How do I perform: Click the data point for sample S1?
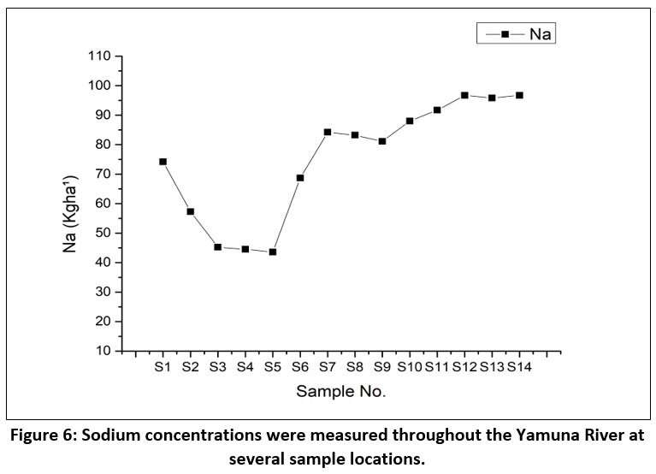(x=163, y=161)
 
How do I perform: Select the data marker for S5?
(x=272, y=252)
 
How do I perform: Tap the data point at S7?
(x=327, y=132)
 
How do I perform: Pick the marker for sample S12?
(x=464, y=95)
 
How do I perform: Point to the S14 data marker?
(x=519, y=95)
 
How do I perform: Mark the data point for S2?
(x=190, y=211)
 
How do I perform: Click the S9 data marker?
(x=381, y=141)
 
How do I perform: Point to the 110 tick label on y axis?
(x=100, y=56)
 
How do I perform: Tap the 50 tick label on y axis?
(x=103, y=233)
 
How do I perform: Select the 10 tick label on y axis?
(x=103, y=351)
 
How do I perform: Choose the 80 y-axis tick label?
(x=103, y=145)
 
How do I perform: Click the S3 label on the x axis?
(x=217, y=368)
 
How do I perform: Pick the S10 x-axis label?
(x=410, y=368)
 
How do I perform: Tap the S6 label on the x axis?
(x=299, y=368)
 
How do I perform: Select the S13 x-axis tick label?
(x=492, y=368)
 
